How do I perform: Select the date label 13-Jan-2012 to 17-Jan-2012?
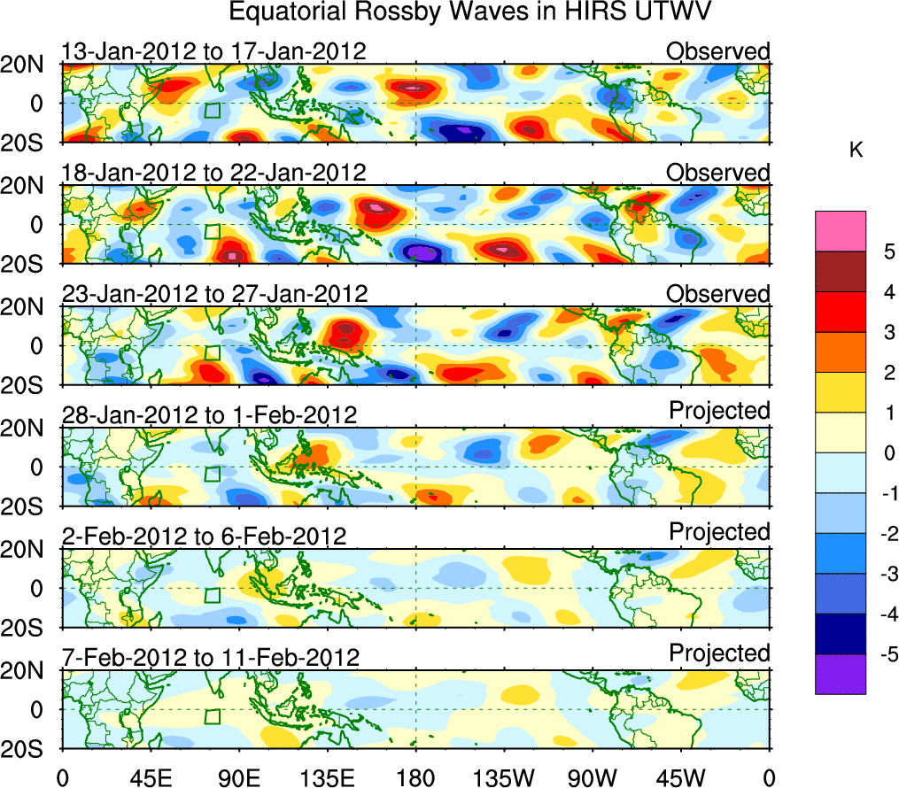pos(213,51)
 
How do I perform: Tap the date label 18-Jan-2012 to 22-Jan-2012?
pos(213,173)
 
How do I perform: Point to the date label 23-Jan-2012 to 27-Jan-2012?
pos(213,294)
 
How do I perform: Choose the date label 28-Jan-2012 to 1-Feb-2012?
pos(209,415)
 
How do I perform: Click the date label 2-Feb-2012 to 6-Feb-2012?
pos(204,537)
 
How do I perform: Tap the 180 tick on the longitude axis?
pos(415,776)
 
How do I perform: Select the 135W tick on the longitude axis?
pos(503,776)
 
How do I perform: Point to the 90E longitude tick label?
pos(238,776)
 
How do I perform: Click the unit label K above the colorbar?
pos(856,151)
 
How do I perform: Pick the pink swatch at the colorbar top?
pos(840,231)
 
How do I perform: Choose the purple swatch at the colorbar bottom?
pos(840,674)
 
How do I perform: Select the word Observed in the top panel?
pos(717,51)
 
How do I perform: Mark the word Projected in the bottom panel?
pos(719,653)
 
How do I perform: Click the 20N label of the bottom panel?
pos(30,670)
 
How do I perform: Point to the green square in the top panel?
pos(212,110)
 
